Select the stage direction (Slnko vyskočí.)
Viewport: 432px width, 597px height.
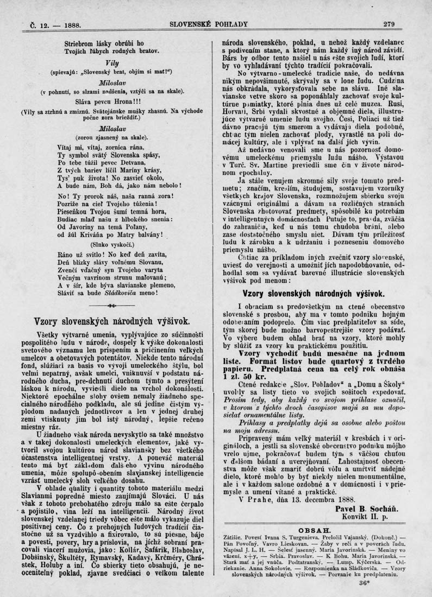click(111, 244)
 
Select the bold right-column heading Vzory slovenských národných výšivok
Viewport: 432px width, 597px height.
click(314, 294)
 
